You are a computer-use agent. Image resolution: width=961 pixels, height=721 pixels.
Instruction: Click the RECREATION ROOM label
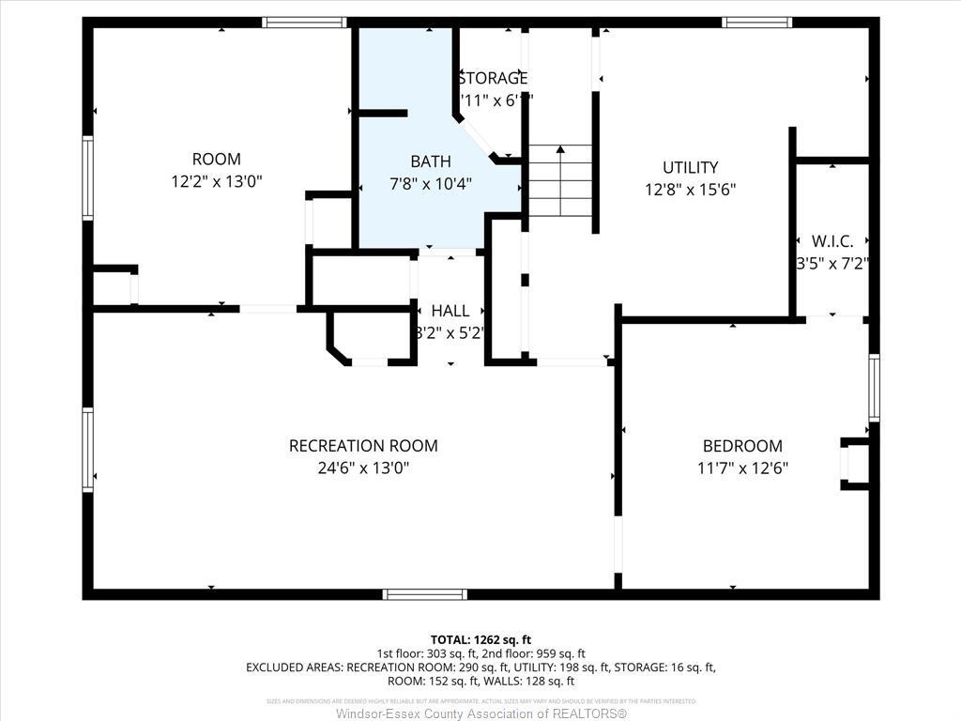coord(363,446)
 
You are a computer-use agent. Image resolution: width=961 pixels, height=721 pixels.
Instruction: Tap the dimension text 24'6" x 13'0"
coord(363,468)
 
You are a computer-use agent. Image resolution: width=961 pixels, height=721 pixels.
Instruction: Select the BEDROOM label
coord(742,446)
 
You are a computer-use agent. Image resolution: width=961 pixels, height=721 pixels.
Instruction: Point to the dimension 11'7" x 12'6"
coord(742,468)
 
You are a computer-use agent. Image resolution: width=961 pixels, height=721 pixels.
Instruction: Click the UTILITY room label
coord(690,167)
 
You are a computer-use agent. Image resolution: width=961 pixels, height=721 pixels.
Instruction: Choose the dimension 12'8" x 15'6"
coord(690,189)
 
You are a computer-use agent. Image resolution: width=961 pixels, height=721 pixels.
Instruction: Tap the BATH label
coord(430,161)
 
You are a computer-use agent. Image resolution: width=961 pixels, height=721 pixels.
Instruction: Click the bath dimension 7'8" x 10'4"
coord(430,183)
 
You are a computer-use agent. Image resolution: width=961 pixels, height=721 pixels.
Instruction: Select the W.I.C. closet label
coord(832,241)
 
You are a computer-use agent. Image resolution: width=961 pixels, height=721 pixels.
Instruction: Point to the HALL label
coord(450,311)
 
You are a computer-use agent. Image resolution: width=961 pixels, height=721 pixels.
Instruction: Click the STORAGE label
coord(494,78)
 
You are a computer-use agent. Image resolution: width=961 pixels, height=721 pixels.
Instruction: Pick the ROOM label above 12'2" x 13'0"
coord(216,159)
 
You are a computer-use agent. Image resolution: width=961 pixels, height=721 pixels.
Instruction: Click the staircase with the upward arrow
coord(560,180)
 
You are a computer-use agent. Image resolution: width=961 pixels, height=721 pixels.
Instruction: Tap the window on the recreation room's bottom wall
coord(424,593)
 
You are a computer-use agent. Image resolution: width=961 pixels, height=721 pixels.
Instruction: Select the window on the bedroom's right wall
coord(874,387)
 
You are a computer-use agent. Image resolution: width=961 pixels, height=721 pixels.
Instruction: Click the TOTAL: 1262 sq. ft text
coord(480,638)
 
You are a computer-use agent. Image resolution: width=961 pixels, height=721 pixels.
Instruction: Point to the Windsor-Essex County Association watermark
coord(480,714)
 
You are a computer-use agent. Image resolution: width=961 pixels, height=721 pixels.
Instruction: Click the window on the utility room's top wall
coord(757,23)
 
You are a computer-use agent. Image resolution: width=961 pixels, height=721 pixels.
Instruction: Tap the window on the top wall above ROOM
coord(305,23)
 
